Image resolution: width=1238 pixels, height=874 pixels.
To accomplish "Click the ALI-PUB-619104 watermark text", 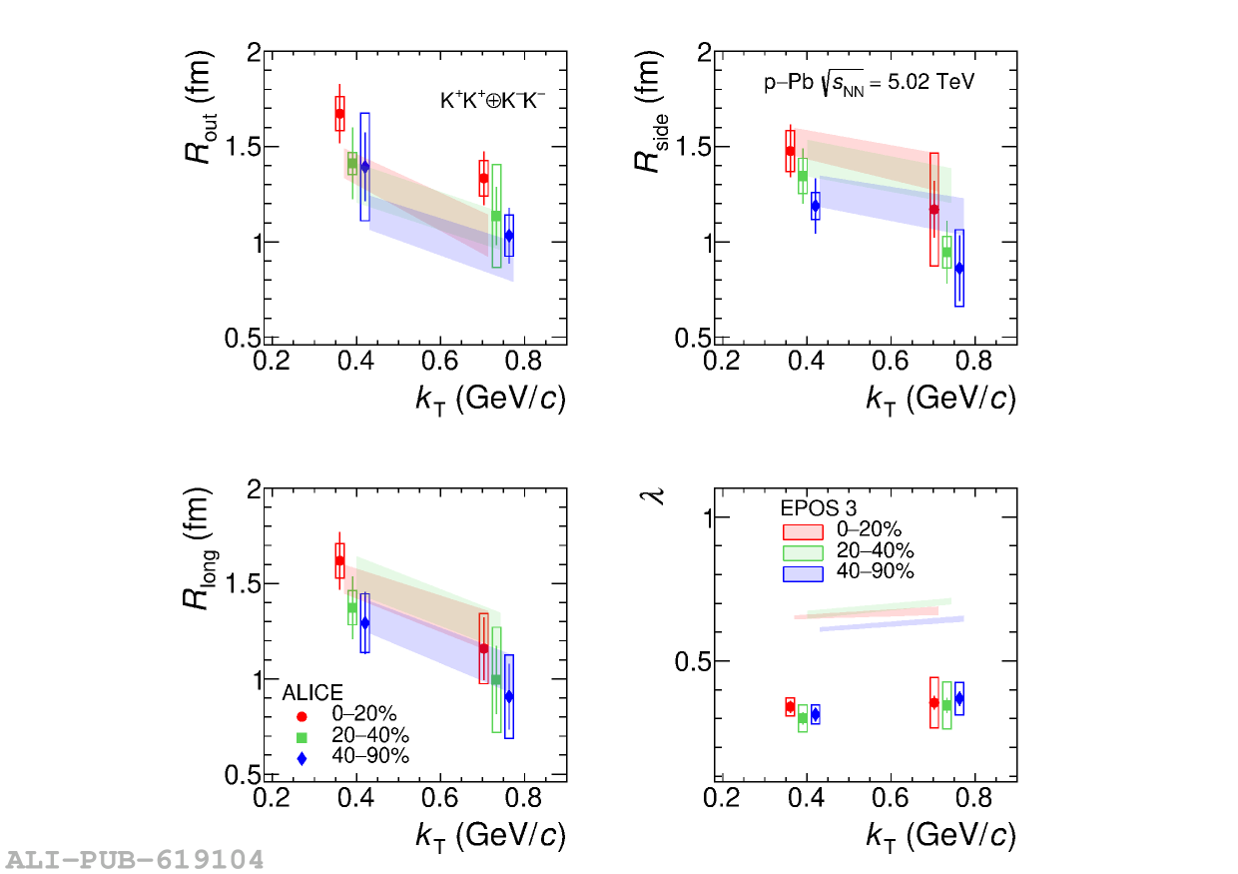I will pos(135,859).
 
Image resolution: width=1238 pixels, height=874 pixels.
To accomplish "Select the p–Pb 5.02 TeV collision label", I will pos(869,83).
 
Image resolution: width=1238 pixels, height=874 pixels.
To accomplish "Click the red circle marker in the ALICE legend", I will pos(302,715).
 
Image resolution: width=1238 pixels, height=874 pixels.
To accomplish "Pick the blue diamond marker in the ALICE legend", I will pos(302,758).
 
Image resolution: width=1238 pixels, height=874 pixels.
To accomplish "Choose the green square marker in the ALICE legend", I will pos(302,736).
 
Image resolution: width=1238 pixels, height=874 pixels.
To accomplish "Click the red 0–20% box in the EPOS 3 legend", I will pos(802,531).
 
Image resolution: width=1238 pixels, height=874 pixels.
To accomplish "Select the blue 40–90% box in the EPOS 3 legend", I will pos(802,573).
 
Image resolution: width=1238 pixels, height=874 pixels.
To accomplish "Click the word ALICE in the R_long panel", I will pos(312,693).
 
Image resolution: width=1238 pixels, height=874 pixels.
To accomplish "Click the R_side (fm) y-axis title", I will pos(650,111).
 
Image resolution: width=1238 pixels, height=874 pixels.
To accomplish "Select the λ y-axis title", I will pos(657,493).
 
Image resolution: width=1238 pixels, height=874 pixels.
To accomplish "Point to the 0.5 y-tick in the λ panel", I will pos(691,661).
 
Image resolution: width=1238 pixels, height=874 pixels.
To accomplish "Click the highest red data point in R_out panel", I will pos(339,114).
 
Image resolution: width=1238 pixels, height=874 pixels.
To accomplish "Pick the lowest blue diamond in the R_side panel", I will pos(959,268).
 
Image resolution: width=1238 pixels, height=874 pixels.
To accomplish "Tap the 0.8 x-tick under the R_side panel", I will pos(973,360).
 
